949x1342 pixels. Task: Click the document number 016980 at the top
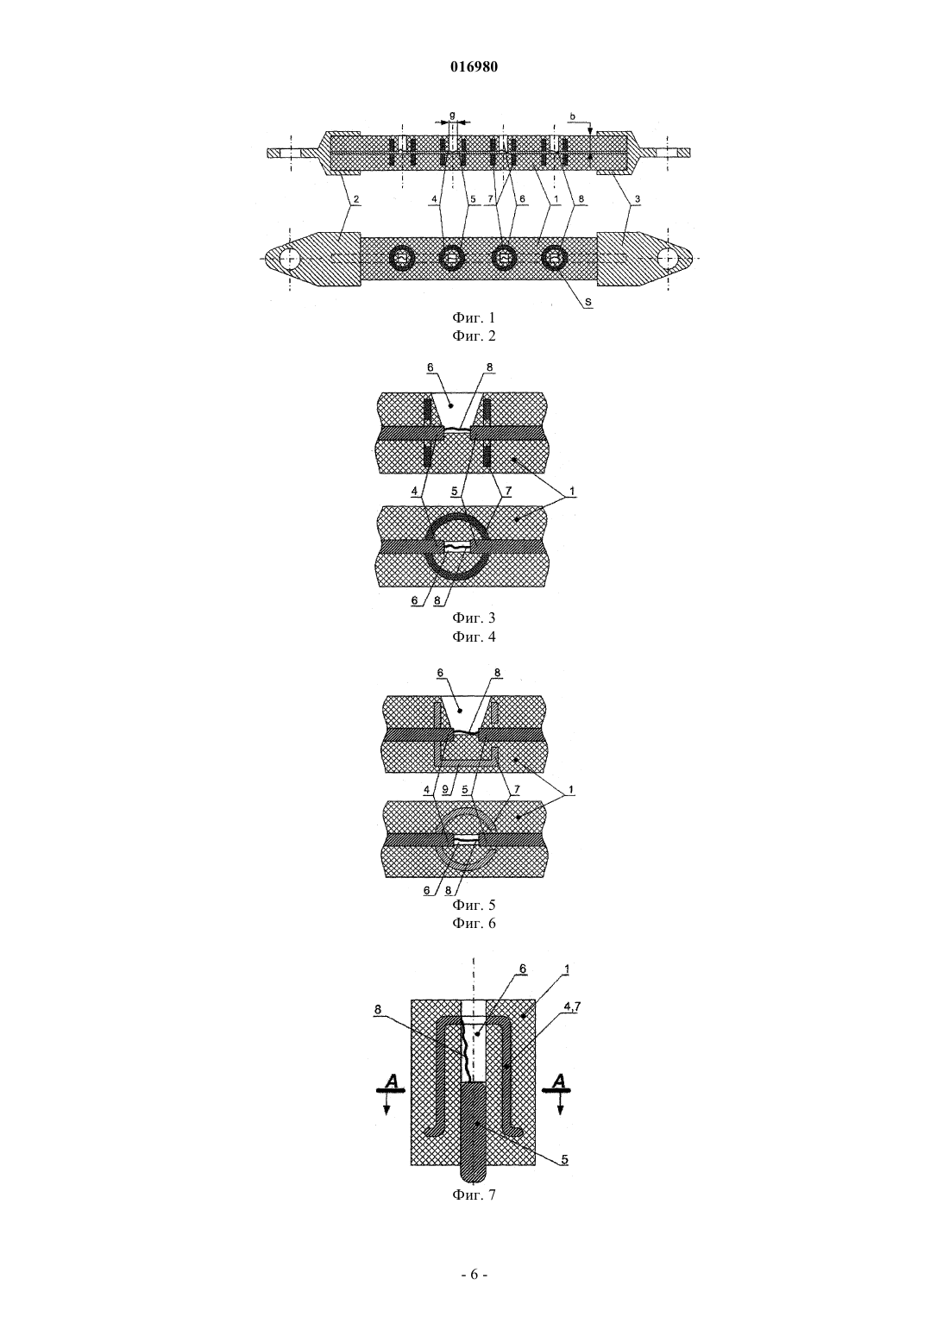474,67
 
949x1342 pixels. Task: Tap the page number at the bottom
474,1275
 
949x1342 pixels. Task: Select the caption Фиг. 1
474,317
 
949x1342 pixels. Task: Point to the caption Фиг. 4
474,637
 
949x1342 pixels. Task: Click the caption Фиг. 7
474,1195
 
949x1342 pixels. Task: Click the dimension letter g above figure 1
452,115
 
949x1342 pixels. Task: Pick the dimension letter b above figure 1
573,115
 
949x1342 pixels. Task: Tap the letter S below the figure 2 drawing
588,303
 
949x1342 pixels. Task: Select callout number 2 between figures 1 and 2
355,198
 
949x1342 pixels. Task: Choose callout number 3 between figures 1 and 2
636,198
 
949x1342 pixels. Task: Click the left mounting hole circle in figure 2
289,259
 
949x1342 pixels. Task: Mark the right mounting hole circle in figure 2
666,259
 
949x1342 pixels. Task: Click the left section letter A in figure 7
391,1080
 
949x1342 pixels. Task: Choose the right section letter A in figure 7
558,1080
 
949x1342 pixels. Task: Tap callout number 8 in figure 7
378,1009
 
